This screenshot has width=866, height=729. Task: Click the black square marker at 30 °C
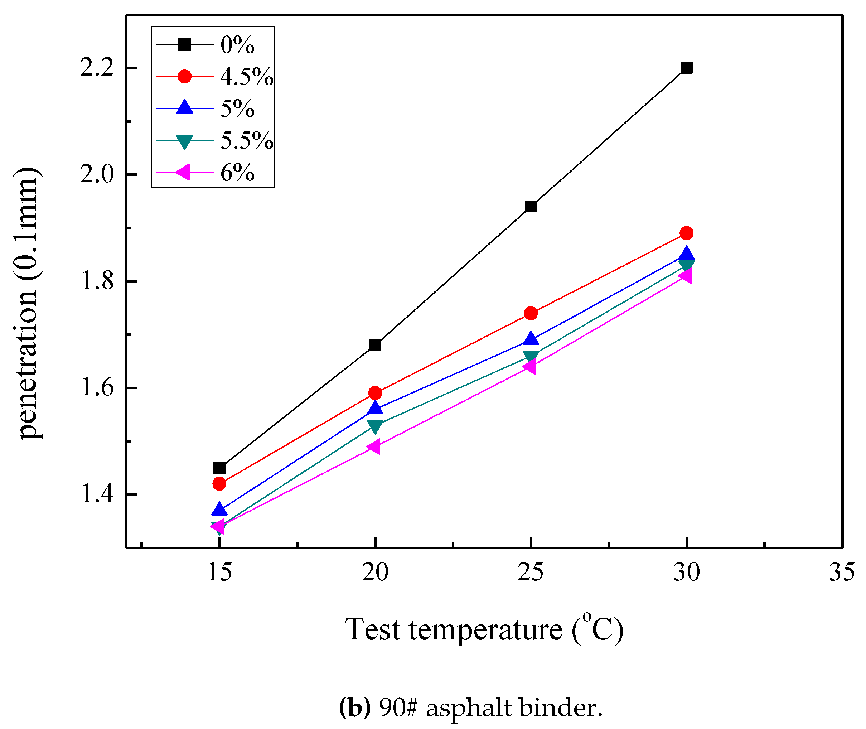point(686,68)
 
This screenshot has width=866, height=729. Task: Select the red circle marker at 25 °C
point(531,313)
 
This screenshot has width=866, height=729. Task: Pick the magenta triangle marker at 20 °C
point(373,446)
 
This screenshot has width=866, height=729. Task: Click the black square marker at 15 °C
point(219,468)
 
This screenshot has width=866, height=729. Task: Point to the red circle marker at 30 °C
point(686,233)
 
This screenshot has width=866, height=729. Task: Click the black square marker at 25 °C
point(531,206)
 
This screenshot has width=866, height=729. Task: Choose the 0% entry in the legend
point(237,45)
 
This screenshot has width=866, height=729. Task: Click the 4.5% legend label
point(247,77)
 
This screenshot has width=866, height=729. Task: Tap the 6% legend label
point(237,173)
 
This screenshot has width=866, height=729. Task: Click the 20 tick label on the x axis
point(375,573)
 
